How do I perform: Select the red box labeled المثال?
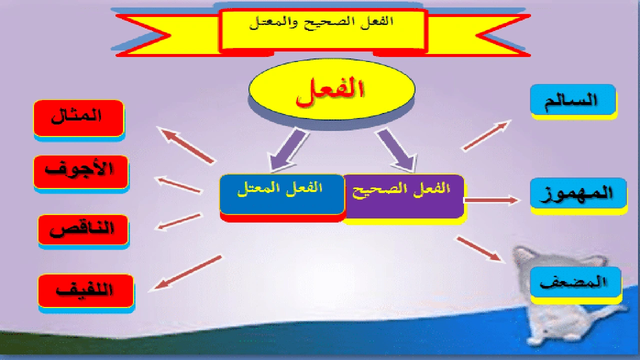78,118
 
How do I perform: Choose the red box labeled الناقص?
83,230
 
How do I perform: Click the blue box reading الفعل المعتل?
281,194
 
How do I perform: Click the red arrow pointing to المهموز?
491,200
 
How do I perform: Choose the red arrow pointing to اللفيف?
187,272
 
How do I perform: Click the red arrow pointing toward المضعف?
478,248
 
